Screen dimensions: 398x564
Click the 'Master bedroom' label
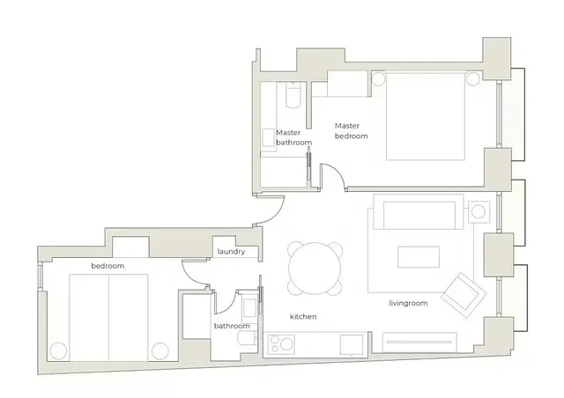(x=350, y=131)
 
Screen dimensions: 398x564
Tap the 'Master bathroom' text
(x=293, y=136)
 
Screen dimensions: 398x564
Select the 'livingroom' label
(x=408, y=304)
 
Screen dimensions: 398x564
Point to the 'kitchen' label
(x=303, y=316)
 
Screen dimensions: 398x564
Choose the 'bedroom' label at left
(x=108, y=265)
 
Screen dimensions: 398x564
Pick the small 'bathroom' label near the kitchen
(x=231, y=327)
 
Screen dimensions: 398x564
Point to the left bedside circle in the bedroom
(x=58, y=350)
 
